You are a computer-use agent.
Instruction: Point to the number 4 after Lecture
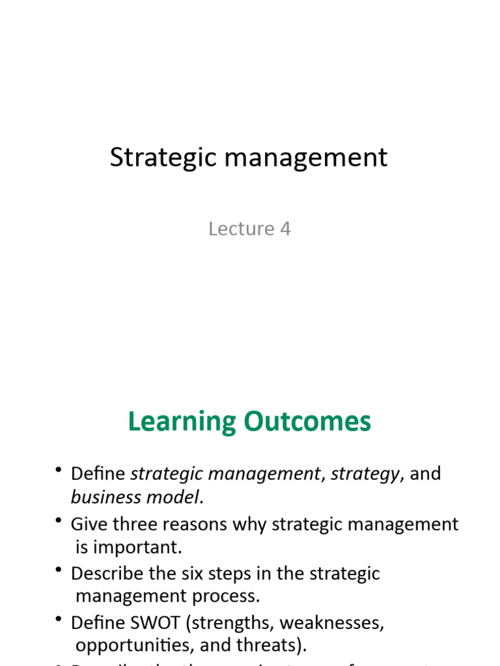pos(285,229)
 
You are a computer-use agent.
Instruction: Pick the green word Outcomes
pos(307,422)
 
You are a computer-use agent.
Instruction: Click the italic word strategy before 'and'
pos(365,474)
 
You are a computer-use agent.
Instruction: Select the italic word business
pos(100,498)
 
